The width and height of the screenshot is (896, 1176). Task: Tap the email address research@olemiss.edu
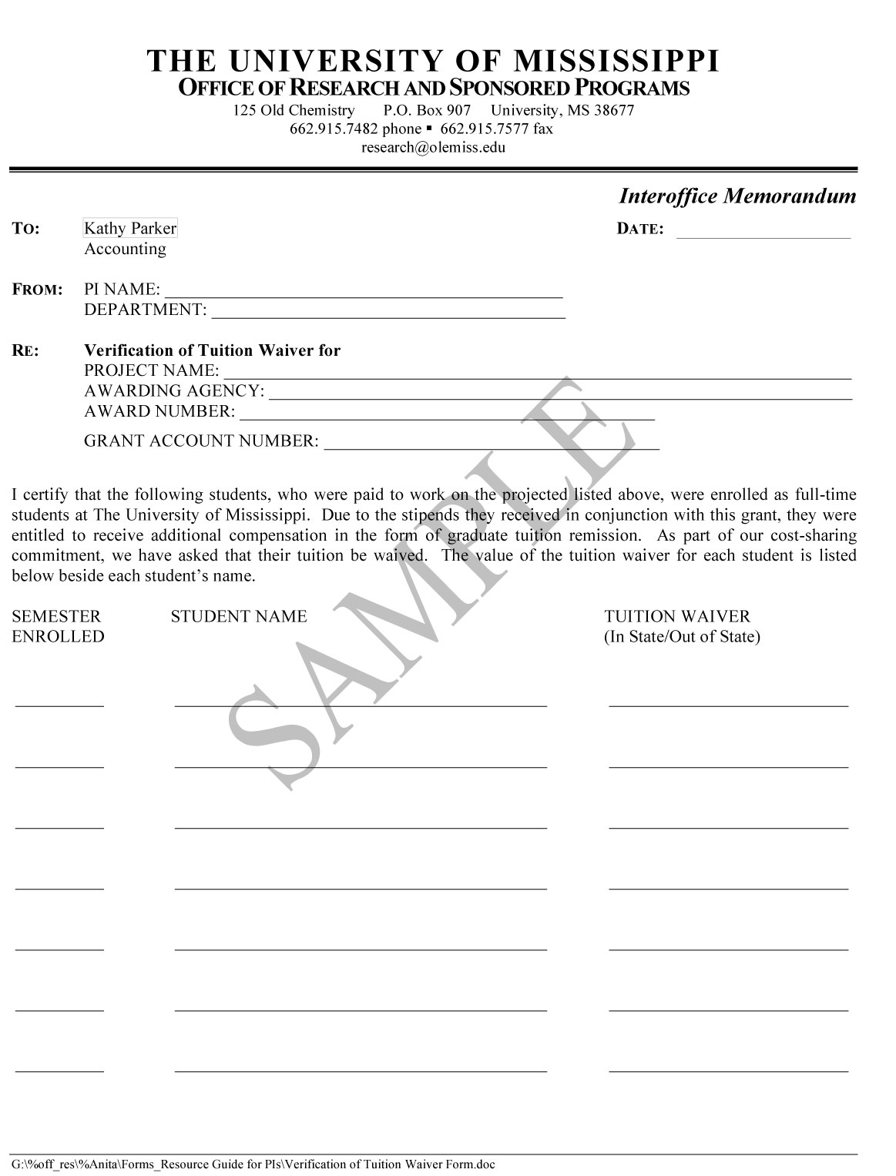pos(433,147)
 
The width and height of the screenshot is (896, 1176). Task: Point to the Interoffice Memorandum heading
pos(737,196)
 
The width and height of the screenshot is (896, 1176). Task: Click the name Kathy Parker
pos(130,228)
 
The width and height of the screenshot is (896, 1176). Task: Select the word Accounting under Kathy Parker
pos(125,249)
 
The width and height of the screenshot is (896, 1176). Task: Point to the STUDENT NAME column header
pos(239,616)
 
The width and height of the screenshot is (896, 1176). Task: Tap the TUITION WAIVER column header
pos(676,616)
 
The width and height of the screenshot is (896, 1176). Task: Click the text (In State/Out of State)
pos(682,637)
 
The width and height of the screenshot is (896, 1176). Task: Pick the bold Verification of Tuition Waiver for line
pos(212,350)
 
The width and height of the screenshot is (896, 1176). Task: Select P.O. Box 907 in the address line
pos(427,110)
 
